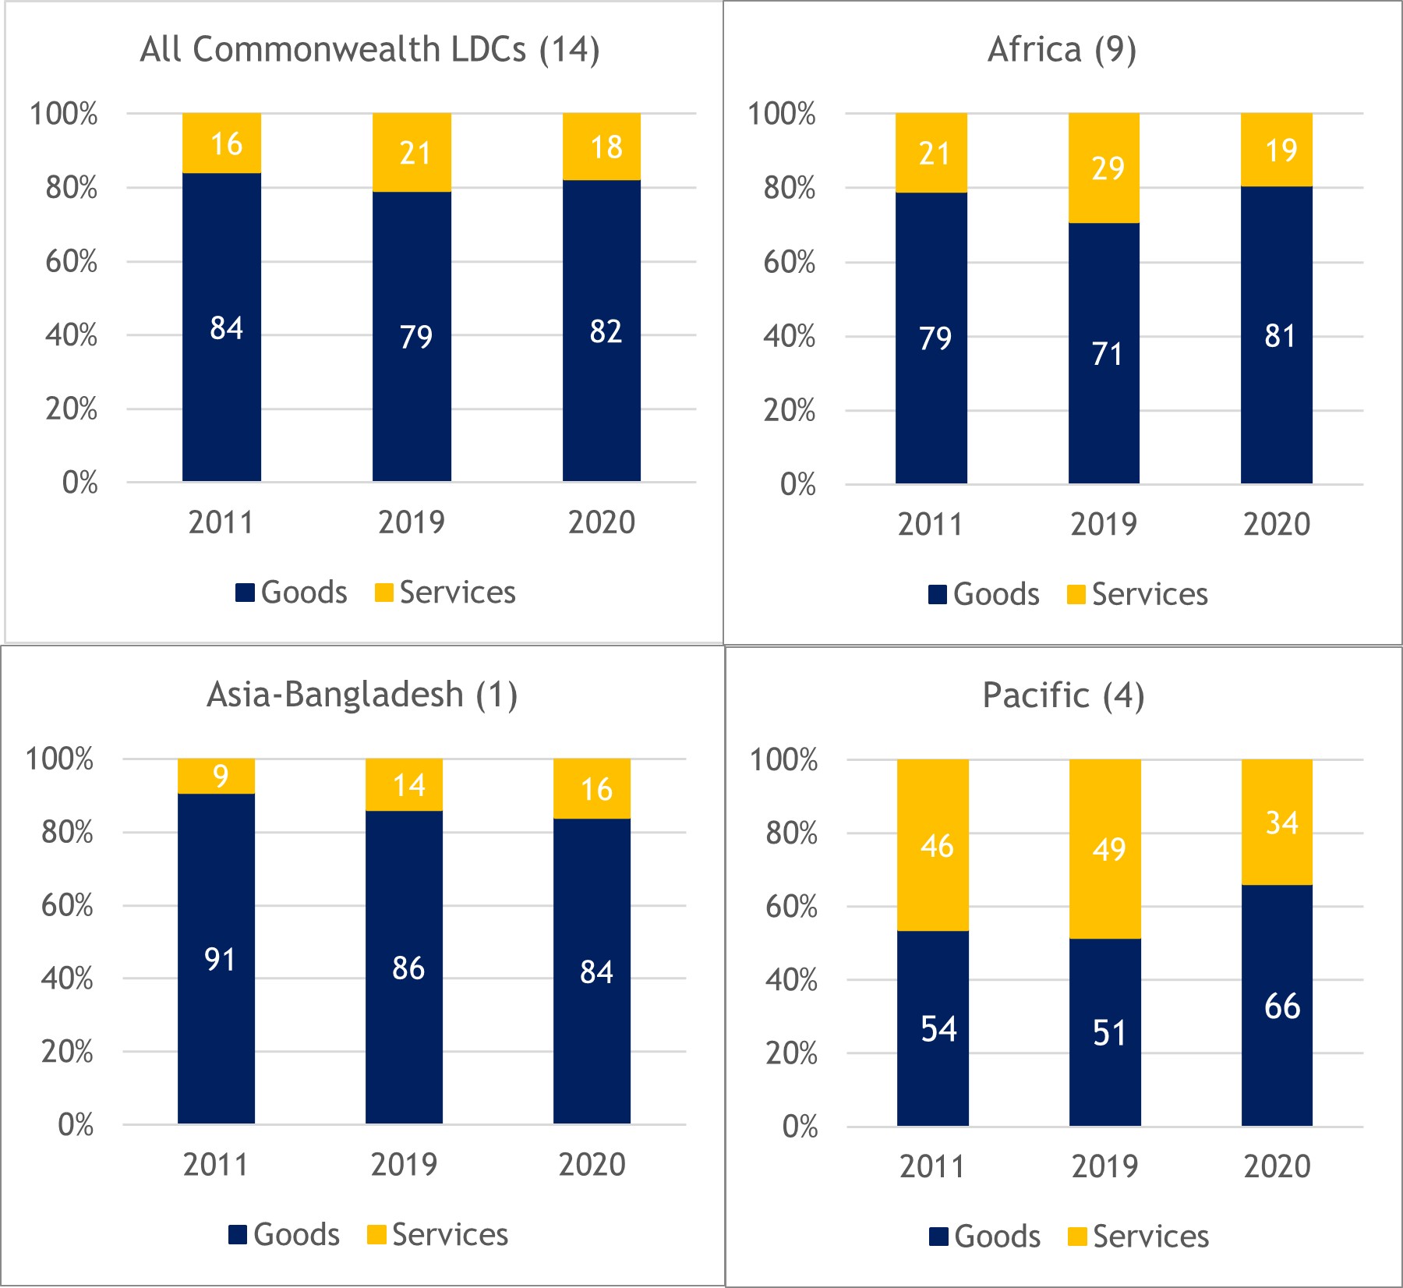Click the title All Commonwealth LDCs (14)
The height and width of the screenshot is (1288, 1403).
tap(369, 50)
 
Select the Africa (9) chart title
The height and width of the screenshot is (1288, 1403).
tap(1062, 50)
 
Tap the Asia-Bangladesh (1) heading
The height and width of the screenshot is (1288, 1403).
tap(362, 694)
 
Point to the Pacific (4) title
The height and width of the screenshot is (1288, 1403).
tap(1063, 695)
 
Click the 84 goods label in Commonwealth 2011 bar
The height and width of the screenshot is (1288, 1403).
tap(226, 328)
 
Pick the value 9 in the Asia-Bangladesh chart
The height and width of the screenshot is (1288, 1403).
tap(221, 777)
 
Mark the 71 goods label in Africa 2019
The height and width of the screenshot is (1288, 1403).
tap(1107, 354)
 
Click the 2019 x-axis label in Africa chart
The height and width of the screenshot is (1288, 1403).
tap(1103, 524)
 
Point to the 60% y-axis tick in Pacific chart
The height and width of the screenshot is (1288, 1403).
tap(790, 907)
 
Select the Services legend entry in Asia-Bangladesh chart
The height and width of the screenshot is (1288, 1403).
tap(438, 1234)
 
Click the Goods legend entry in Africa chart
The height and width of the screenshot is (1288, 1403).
tap(984, 594)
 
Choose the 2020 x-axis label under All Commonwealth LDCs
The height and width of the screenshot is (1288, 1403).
tap(601, 522)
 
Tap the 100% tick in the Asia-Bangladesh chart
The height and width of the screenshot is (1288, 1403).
tap(59, 759)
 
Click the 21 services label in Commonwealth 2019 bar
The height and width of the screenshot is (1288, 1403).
tap(415, 153)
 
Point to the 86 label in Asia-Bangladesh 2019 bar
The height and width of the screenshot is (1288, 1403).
tap(408, 968)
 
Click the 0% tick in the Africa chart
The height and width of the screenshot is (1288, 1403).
tap(797, 485)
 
